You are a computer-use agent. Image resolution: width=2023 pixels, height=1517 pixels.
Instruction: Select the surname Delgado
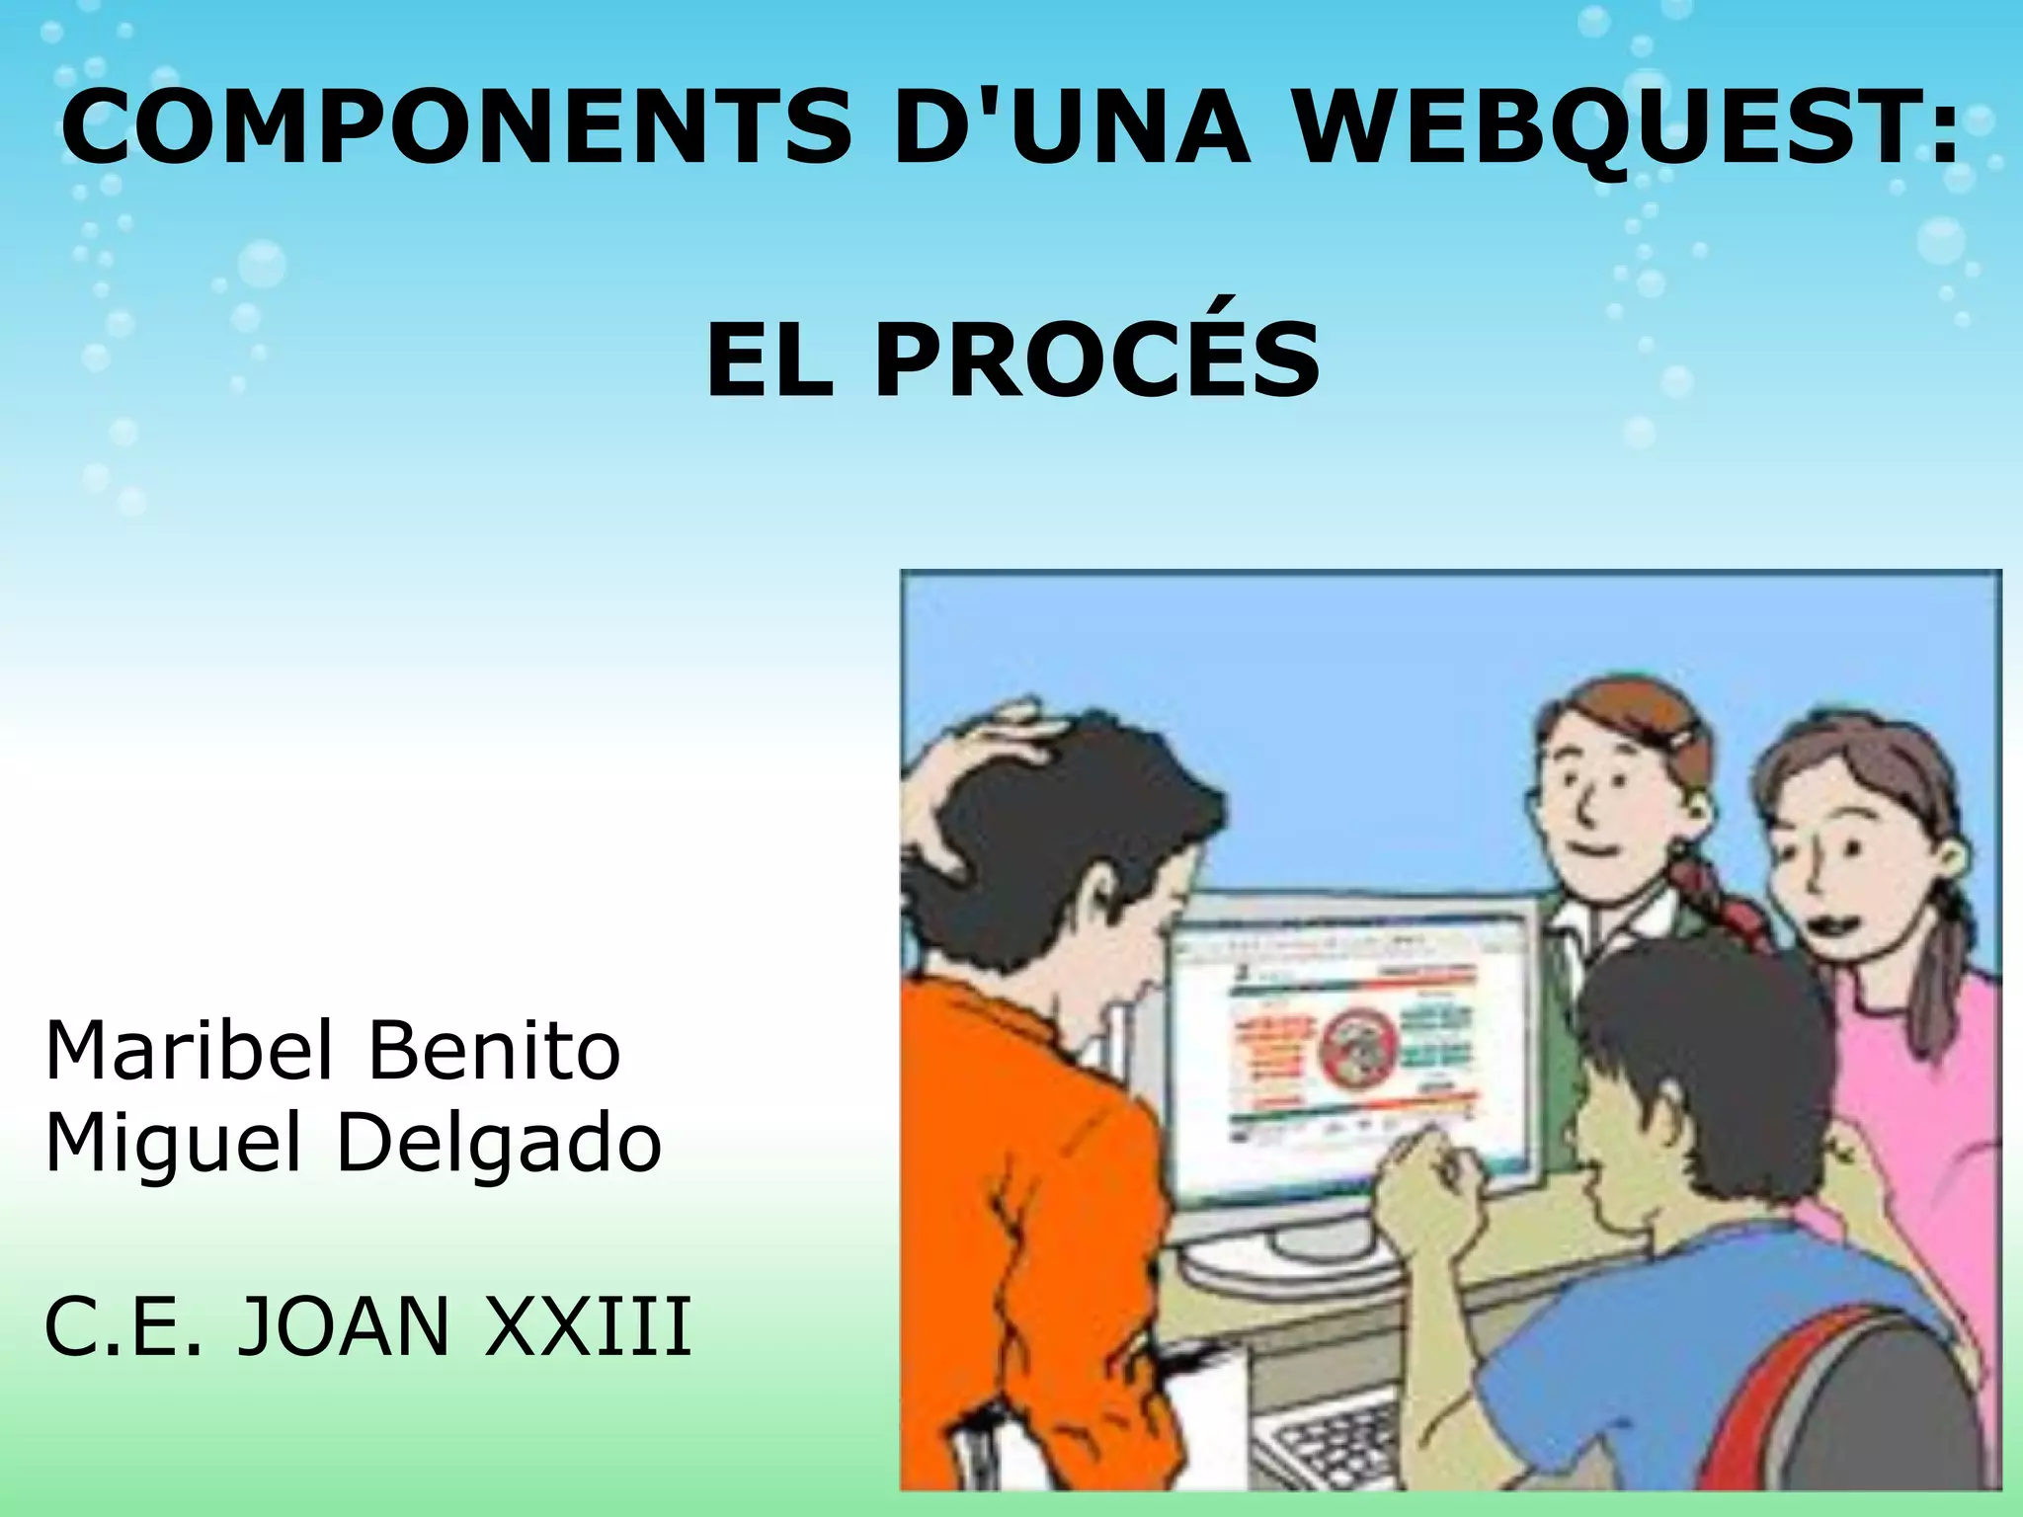[x=499, y=1144]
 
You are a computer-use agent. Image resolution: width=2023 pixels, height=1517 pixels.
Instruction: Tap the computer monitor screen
[x=1353, y=1047]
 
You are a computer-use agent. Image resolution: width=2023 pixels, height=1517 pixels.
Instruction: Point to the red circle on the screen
[x=1358, y=1047]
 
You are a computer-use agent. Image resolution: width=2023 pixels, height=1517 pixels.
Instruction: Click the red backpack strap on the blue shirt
[x=1768, y=1383]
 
